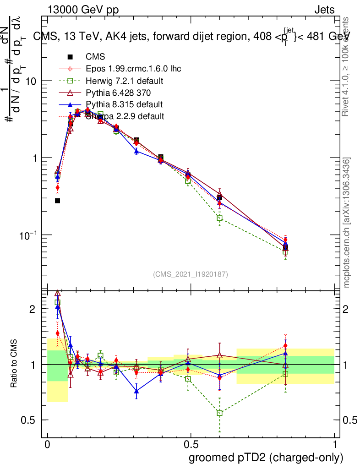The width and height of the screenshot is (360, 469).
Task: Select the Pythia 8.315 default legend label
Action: [x=124, y=104]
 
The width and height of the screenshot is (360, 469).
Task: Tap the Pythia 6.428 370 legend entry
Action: [x=118, y=93]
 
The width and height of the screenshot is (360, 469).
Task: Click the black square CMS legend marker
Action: [x=70, y=57]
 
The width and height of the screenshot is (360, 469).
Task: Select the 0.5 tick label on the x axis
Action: [x=191, y=446]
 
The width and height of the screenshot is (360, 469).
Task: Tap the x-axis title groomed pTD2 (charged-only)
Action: [x=266, y=458]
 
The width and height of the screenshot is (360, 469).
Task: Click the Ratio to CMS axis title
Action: [x=15, y=364]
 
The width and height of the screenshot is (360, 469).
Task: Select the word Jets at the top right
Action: [x=324, y=10]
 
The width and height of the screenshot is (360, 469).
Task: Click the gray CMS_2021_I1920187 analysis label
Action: [x=191, y=274]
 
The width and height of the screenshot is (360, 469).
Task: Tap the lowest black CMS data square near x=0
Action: [x=58, y=201]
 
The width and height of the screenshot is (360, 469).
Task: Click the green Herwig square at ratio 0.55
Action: [x=220, y=413]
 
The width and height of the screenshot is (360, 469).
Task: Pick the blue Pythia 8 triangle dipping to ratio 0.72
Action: [x=136, y=391]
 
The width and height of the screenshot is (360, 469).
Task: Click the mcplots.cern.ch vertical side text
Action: [x=347, y=223]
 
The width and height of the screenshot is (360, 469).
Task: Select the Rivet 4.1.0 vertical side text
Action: [x=347, y=66]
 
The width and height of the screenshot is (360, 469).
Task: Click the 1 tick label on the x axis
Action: [x=335, y=446]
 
